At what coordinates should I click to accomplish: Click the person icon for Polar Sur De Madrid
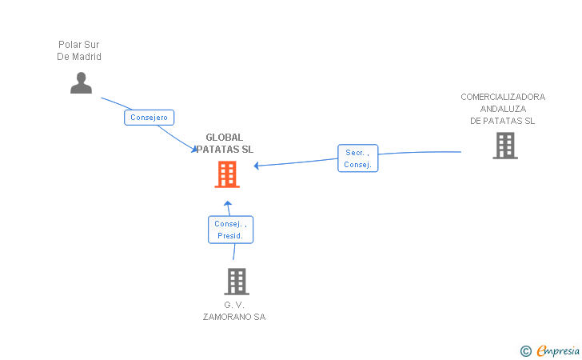(81, 83)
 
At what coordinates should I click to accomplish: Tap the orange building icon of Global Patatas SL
(227, 174)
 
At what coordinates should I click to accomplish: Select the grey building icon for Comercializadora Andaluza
(504, 146)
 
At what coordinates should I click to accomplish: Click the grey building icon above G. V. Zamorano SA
(236, 282)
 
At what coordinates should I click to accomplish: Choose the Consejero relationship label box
(149, 118)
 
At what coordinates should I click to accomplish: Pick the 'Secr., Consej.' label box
(357, 158)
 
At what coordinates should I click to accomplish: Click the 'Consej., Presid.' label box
(231, 230)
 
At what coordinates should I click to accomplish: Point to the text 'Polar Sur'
(79, 45)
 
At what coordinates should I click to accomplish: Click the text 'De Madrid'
(79, 57)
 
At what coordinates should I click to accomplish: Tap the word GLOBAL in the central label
(225, 138)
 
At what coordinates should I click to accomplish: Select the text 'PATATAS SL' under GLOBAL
(225, 150)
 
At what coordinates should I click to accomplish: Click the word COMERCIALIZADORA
(503, 97)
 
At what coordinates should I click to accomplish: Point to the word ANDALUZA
(503, 109)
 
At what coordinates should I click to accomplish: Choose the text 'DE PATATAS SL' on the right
(503, 121)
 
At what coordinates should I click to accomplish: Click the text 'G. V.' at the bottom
(233, 305)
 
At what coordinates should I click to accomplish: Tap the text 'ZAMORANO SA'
(233, 317)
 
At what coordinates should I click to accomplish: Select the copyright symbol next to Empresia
(525, 350)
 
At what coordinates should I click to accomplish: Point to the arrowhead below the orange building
(228, 203)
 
